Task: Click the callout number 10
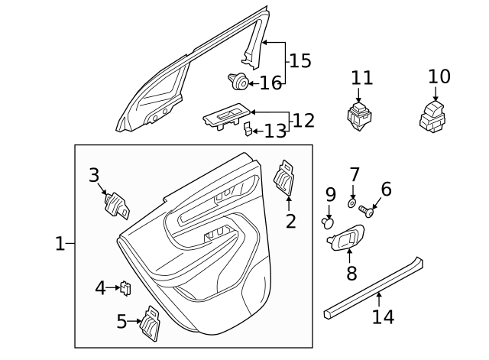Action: (x=439, y=76)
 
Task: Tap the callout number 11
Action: (x=362, y=78)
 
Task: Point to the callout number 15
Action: (x=300, y=60)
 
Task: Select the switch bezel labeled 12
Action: (x=225, y=117)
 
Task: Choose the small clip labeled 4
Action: (x=126, y=287)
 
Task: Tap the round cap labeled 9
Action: (x=329, y=223)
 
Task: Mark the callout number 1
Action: (x=60, y=244)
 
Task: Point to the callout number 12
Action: (x=303, y=120)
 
